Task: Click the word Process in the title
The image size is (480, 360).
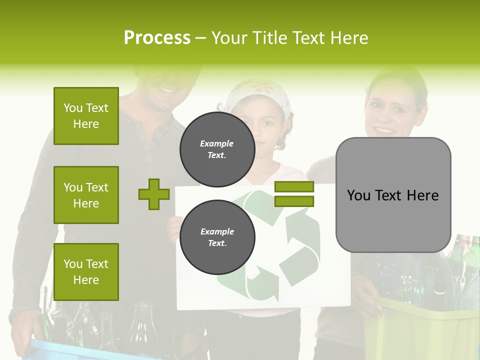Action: tap(157, 37)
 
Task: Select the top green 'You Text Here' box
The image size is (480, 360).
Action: tap(86, 116)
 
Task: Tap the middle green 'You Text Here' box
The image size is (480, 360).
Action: tap(86, 195)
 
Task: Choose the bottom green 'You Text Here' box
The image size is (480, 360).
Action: tap(86, 272)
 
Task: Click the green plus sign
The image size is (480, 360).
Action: tap(153, 194)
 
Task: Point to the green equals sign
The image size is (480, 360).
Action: tap(294, 194)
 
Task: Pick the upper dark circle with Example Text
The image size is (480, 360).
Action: tap(217, 149)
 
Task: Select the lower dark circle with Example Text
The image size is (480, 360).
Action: tap(217, 237)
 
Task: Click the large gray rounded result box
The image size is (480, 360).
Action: tap(393, 195)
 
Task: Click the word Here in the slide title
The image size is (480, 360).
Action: tap(350, 37)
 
